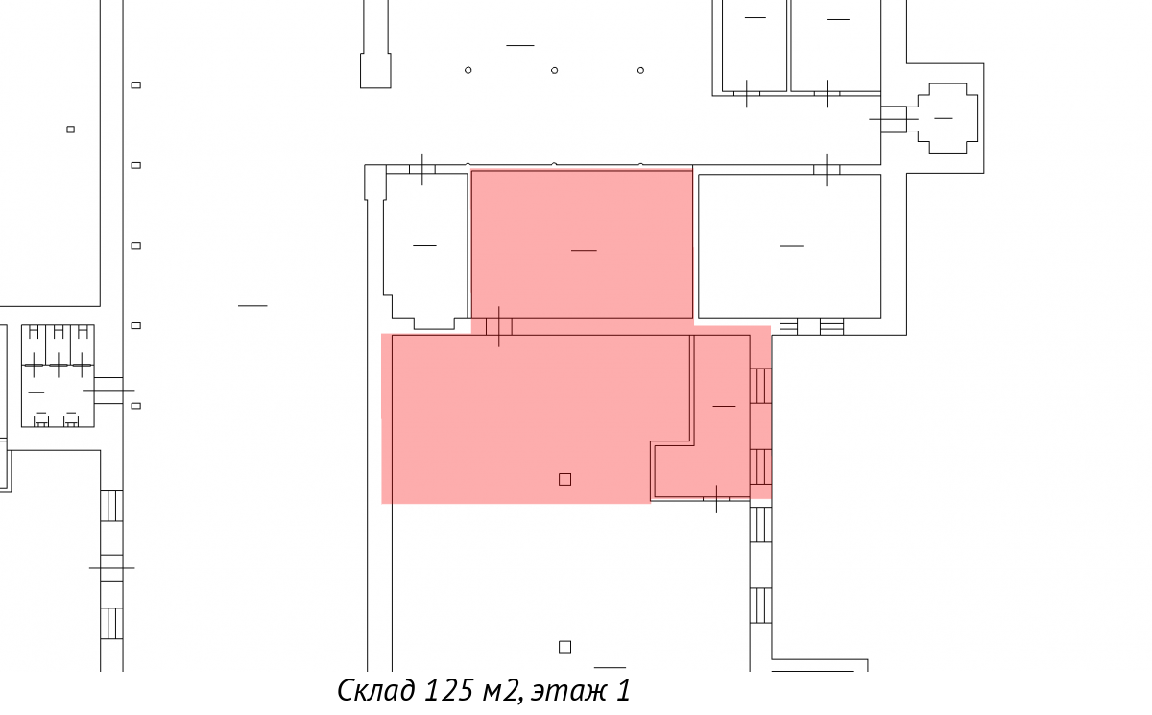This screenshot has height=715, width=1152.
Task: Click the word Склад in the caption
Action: coord(376,690)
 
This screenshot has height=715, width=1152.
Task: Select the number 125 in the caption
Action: coord(448,690)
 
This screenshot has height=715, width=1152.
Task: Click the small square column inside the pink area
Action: coord(564,480)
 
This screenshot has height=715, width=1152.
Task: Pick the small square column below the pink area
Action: coord(564,647)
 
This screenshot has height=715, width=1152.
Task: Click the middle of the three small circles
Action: coord(555,70)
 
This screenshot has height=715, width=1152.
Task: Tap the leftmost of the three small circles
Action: coord(468,70)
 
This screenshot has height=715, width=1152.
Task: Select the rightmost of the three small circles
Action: coord(641,70)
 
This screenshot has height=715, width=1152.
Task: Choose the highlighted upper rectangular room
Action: coord(582,244)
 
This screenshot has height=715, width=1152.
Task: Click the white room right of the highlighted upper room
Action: coord(789,246)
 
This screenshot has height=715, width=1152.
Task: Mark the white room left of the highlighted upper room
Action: coord(425,247)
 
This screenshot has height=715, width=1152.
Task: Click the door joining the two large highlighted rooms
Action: coord(499,327)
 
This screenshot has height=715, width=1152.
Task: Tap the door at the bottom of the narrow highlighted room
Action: coord(716,499)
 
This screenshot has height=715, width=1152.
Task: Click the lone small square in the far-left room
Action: coord(71,130)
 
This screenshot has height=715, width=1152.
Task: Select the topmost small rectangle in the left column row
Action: coord(136,85)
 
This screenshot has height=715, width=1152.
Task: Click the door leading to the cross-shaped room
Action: coord(894,119)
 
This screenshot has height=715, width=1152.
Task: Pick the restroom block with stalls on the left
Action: coord(58,376)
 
